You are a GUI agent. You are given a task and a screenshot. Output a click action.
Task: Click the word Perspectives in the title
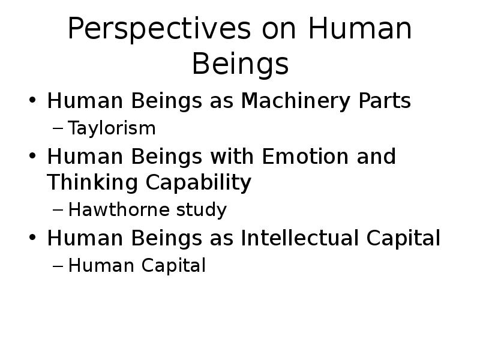(x=160, y=29)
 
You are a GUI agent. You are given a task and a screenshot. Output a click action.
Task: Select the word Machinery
(x=295, y=101)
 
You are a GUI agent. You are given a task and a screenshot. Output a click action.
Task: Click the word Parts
(x=385, y=101)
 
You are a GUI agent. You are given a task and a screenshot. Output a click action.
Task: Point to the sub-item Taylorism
(x=112, y=128)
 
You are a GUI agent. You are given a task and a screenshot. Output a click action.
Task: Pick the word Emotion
(x=305, y=157)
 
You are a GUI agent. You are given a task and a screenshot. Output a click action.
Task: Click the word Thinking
(x=92, y=183)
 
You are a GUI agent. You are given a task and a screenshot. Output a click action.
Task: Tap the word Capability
(x=199, y=183)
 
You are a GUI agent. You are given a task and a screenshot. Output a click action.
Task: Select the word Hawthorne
(x=119, y=209)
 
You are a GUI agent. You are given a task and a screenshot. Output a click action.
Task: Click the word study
(x=202, y=211)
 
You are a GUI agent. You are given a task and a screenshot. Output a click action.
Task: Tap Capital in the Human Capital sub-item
(x=173, y=266)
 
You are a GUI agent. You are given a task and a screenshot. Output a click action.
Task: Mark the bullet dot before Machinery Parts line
(x=32, y=100)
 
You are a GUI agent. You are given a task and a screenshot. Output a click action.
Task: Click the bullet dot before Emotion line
(x=32, y=155)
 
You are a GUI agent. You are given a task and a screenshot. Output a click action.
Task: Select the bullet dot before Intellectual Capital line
(x=32, y=237)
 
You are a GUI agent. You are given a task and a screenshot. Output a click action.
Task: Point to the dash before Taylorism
(x=58, y=128)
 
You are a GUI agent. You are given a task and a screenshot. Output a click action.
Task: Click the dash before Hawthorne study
(x=58, y=211)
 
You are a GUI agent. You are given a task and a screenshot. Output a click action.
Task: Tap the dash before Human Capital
(x=58, y=266)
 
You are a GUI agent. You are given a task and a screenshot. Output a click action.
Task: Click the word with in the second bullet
(x=232, y=157)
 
